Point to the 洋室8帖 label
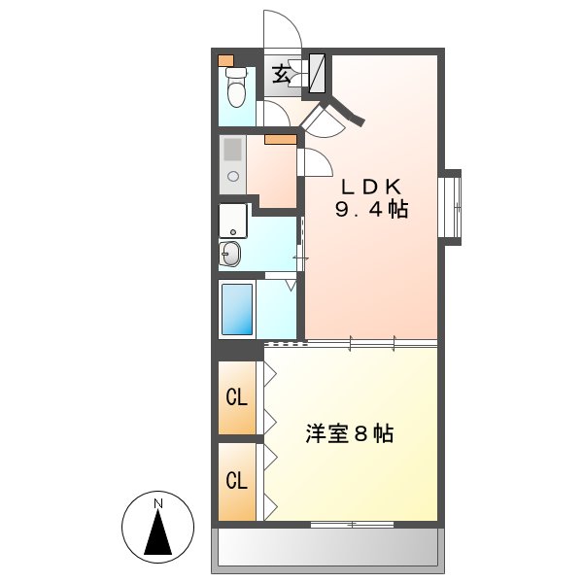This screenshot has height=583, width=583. pyautogui.click(x=350, y=434)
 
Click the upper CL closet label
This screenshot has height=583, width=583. pyautogui.click(x=236, y=397)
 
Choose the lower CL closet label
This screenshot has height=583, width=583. pyautogui.click(x=236, y=480)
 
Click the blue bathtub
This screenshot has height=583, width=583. pyautogui.click(x=236, y=308)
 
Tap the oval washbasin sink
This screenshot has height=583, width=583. pyautogui.click(x=230, y=257)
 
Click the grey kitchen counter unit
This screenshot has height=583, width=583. pyautogui.click(x=232, y=161)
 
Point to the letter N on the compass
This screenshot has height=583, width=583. pyautogui.click(x=157, y=502)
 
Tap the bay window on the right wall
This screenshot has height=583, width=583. pyautogui.click(x=452, y=203)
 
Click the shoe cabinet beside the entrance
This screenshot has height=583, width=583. pyautogui.click(x=317, y=73)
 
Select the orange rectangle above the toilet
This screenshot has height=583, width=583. pyautogui.click(x=226, y=60)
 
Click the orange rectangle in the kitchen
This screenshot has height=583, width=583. pyautogui.click(x=281, y=139)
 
